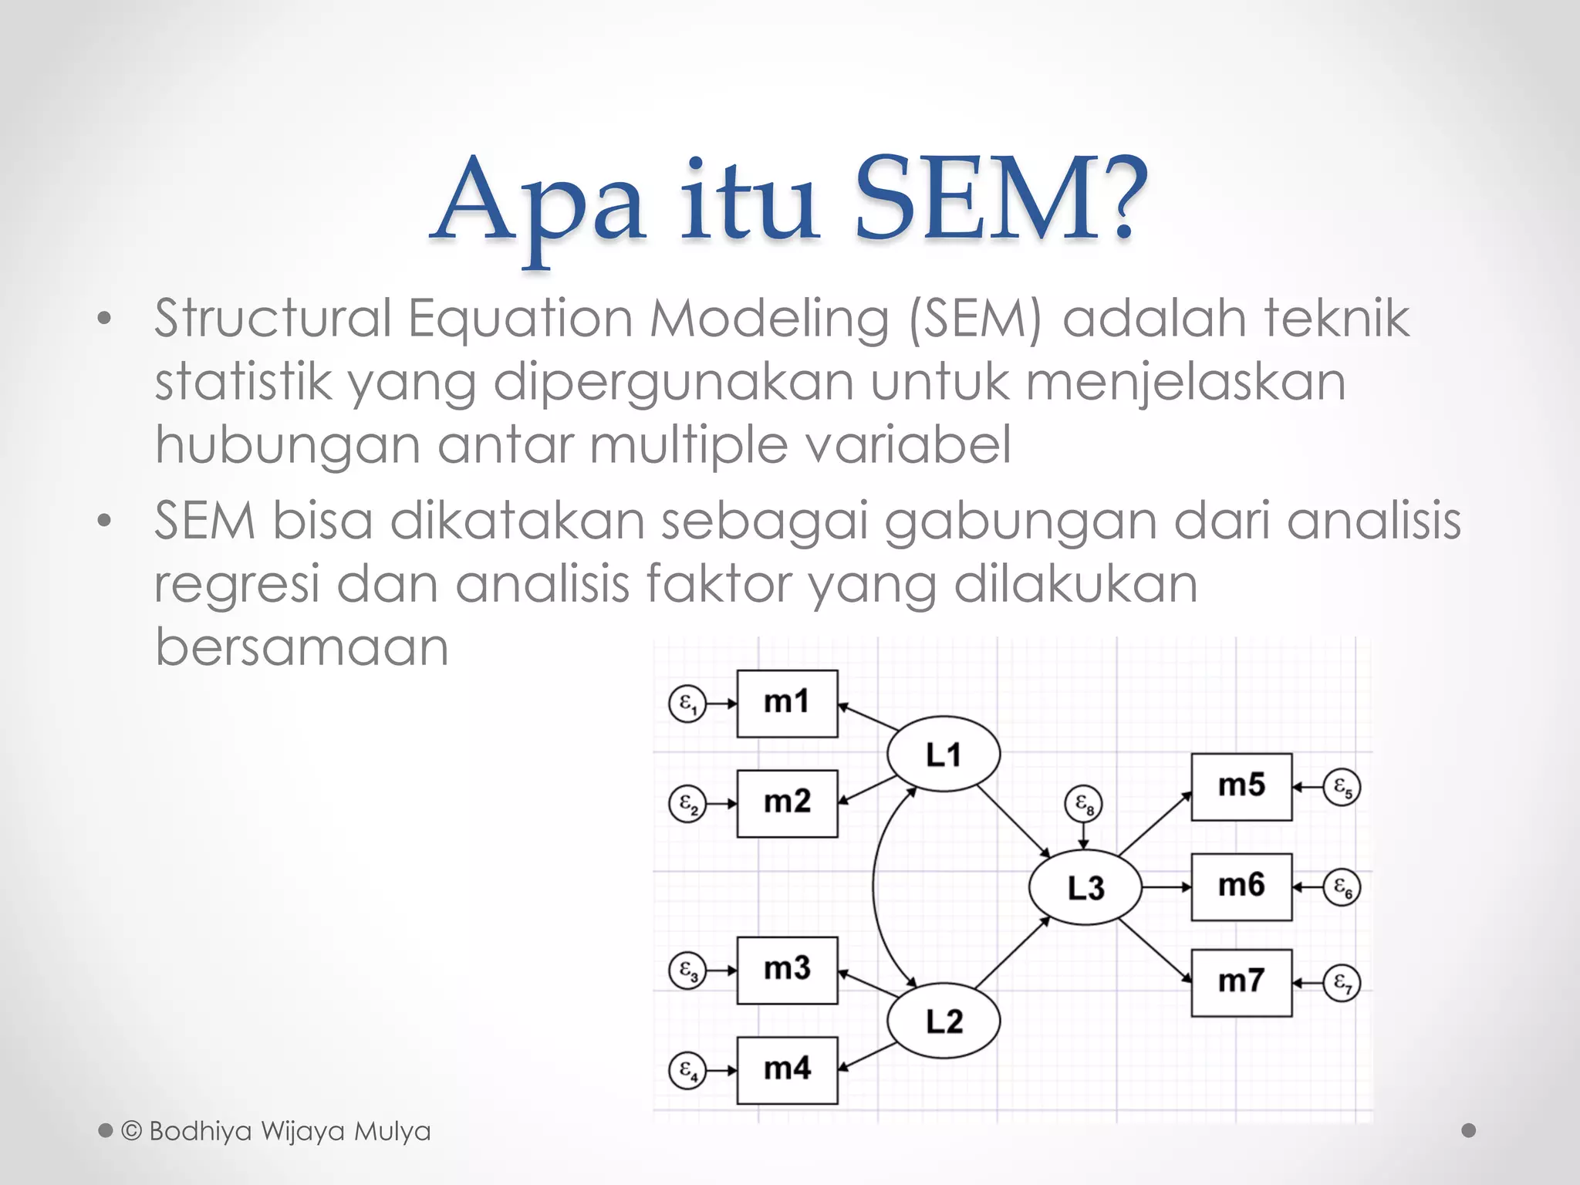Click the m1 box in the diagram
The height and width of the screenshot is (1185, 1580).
coord(787,704)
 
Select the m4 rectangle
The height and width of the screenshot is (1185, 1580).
coord(787,1070)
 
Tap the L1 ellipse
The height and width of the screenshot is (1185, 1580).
coord(944,755)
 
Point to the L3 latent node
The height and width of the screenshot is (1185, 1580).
coord(1085,888)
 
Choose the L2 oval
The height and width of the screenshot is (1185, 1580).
coord(944,1021)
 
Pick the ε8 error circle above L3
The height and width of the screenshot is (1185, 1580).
coord(1084,805)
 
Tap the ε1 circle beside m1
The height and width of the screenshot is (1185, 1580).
coord(687,704)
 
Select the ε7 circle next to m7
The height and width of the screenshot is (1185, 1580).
coord(1342,983)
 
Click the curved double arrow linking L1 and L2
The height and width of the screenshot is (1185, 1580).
coord(875,887)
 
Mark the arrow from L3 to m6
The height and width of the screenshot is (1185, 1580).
coord(1166,887)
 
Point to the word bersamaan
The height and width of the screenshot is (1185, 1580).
coord(302,647)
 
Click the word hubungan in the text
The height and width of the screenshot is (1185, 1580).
coord(287,445)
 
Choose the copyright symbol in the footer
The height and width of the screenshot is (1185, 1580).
coord(132,1131)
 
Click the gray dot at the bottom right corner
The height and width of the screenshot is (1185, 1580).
coord(1468,1130)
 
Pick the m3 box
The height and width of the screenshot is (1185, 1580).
coord(787,971)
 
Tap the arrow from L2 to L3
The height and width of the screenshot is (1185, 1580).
coord(1011,954)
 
